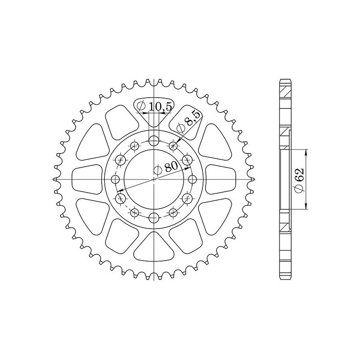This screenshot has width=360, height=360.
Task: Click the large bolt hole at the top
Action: pos(154,140)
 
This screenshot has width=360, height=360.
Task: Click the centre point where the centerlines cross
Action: pos(154,180)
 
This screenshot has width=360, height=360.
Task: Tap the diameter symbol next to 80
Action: pos(158,170)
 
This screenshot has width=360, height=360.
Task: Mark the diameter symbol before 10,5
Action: pos(141,106)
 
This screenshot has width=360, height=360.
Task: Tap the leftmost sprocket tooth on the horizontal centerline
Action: pos(54,180)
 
